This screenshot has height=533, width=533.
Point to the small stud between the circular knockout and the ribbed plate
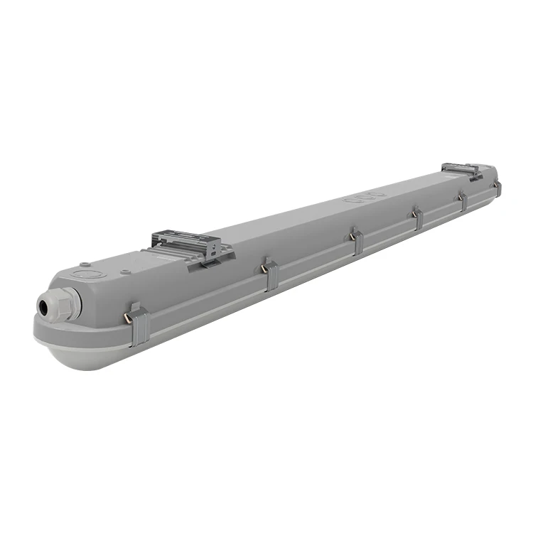125,271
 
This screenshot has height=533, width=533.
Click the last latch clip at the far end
497,188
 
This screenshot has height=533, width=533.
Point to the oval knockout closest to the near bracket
351,201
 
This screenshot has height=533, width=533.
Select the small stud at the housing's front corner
84,262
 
